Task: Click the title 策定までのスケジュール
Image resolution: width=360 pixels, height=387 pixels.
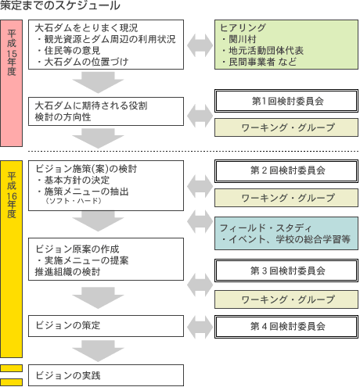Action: (x=59, y=5)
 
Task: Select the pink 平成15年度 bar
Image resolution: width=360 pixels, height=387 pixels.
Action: (x=11, y=83)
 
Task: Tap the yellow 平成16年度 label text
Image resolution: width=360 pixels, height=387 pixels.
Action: (x=12, y=195)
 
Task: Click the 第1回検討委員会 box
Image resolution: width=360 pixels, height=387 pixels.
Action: (x=286, y=101)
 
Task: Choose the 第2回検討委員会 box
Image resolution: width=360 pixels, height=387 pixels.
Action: (x=286, y=171)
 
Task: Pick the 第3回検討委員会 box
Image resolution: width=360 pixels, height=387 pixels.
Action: (x=286, y=271)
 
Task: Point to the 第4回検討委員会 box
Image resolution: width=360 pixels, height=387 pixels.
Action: (x=286, y=327)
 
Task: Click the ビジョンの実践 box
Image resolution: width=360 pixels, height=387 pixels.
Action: (x=106, y=375)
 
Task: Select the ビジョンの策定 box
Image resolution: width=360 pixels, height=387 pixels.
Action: (x=106, y=326)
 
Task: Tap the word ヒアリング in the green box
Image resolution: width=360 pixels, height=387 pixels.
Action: (x=243, y=27)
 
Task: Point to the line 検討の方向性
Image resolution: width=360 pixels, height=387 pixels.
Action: (x=63, y=117)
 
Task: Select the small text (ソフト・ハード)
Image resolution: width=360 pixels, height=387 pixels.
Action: (x=74, y=201)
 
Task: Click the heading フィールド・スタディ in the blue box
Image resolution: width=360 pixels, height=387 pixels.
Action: (x=265, y=228)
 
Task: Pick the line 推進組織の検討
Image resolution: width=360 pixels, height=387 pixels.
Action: (x=68, y=272)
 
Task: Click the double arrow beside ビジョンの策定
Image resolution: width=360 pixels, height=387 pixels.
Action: (x=200, y=327)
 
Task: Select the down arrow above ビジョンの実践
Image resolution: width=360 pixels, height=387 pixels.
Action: (x=98, y=351)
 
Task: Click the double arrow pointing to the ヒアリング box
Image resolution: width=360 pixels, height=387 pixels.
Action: (x=200, y=45)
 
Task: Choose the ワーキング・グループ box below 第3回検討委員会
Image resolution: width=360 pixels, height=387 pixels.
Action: (x=286, y=299)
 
